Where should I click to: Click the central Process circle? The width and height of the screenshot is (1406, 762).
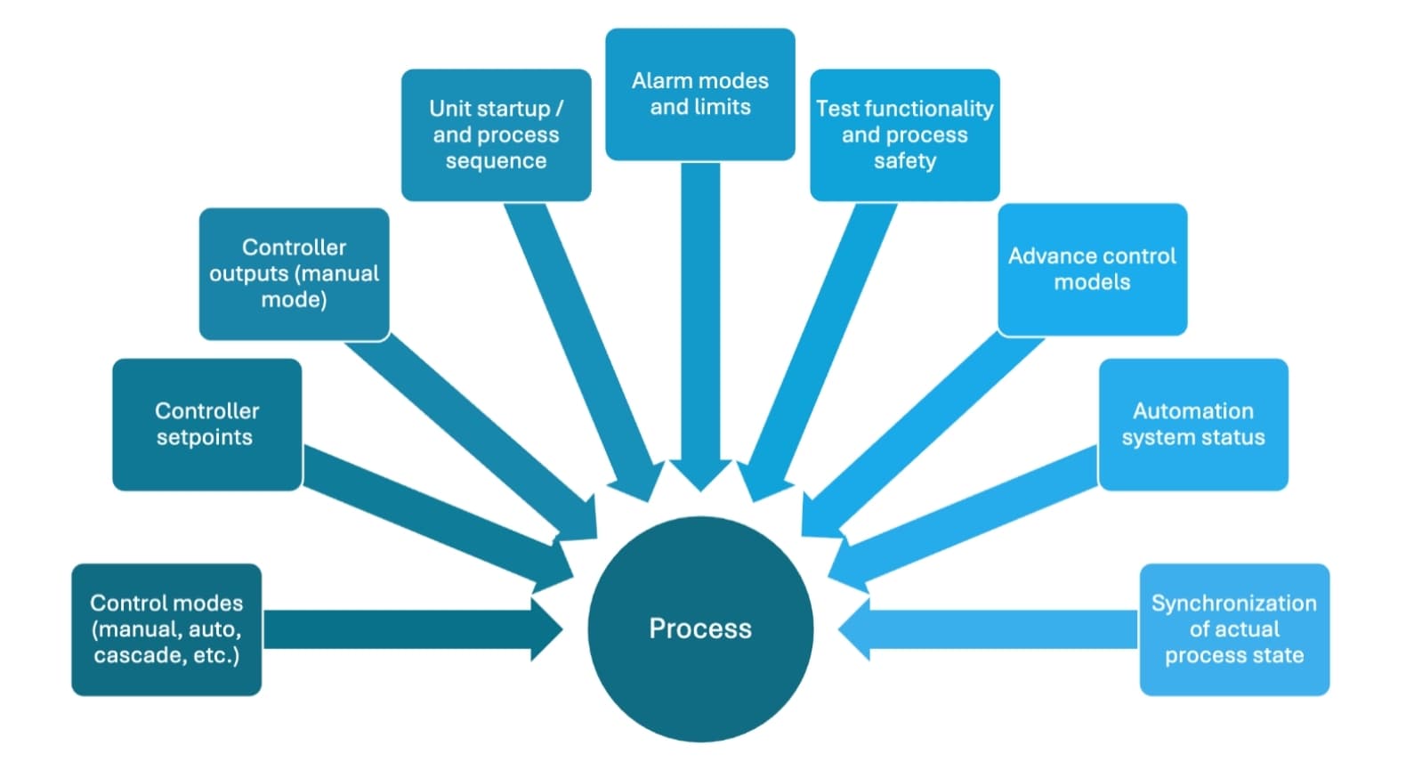tap(700, 628)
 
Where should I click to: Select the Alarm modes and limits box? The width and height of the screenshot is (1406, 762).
tap(700, 94)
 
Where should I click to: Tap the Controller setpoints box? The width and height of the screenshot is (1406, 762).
tap(206, 425)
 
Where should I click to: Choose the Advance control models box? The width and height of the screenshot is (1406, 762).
tap(1092, 270)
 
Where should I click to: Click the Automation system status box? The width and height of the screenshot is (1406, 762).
tap(1192, 425)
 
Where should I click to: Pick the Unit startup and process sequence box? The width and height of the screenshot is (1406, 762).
tap(496, 135)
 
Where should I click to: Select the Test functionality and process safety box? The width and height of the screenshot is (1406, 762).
tap(904, 135)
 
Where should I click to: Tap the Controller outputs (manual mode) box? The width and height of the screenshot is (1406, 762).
tap(294, 274)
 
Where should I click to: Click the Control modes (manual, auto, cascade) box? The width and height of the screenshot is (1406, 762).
tap(166, 629)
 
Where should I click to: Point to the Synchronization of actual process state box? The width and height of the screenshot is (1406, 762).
tap(1233, 629)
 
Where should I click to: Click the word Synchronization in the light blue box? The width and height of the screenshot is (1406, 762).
tap(1233, 604)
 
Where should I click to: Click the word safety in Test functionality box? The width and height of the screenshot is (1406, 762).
tap(904, 161)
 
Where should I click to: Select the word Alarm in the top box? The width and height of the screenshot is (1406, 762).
tap(662, 81)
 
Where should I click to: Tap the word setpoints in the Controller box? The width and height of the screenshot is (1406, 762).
tap(205, 438)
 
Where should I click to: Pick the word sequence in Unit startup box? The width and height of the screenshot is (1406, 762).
tap(496, 161)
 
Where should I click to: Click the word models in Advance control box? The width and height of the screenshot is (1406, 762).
tap(1092, 283)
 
